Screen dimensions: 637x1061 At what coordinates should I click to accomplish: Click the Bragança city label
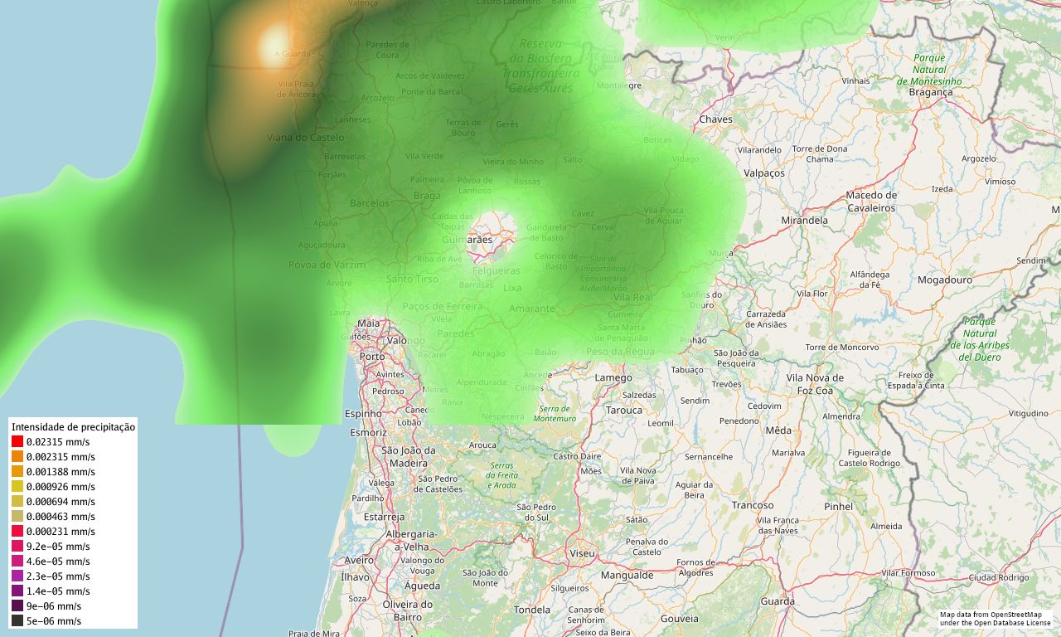click(x=930, y=92)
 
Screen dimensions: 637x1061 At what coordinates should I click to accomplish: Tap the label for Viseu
click(x=582, y=552)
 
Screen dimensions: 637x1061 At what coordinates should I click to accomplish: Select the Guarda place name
click(x=778, y=601)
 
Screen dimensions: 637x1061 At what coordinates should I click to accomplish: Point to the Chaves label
click(x=716, y=119)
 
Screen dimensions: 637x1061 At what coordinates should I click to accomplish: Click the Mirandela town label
click(x=804, y=221)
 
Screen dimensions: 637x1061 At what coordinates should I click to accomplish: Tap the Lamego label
click(x=613, y=378)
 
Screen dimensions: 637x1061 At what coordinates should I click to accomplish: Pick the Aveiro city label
click(x=359, y=561)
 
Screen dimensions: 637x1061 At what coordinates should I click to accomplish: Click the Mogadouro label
click(x=944, y=280)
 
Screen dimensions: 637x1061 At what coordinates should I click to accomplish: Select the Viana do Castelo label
click(x=305, y=138)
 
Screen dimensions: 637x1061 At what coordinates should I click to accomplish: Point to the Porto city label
click(x=372, y=357)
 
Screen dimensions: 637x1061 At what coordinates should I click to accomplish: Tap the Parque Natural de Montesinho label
click(x=929, y=70)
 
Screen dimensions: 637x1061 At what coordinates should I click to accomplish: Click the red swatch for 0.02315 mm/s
click(x=17, y=442)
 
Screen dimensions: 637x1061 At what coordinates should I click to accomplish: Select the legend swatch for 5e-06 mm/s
click(x=17, y=621)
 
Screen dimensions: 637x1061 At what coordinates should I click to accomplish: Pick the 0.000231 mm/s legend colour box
click(x=17, y=532)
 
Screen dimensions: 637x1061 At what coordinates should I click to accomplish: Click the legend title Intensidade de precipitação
click(x=73, y=427)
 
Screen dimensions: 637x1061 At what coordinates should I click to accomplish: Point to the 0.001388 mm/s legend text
click(x=61, y=472)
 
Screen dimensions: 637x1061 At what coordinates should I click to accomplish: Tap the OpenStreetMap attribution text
click(x=995, y=618)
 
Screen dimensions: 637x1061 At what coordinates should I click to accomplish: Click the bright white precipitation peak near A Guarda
click(x=274, y=46)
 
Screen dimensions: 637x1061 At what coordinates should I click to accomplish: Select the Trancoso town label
click(x=752, y=505)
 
